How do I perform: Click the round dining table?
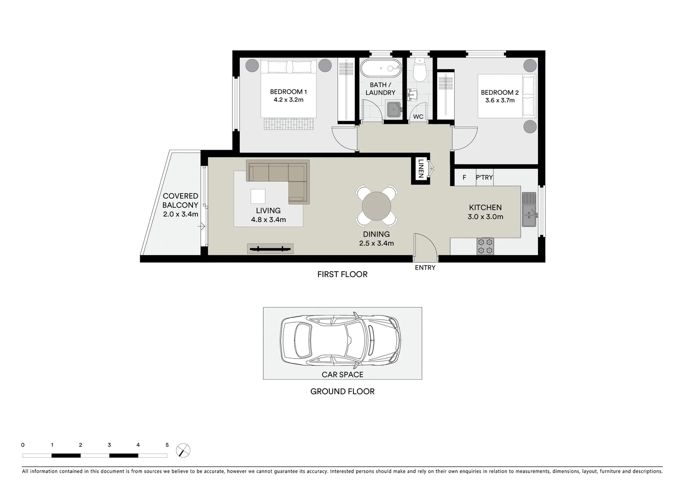(x=376, y=206)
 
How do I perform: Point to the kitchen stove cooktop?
(x=485, y=246)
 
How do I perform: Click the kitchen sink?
(x=529, y=209)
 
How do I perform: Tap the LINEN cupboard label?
(x=420, y=169)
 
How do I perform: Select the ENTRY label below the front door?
(x=425, y=268)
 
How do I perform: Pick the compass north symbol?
(x=183, y=450)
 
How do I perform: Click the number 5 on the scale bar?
(x=167, y=445)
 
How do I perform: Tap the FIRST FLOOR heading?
(x=342, y=274)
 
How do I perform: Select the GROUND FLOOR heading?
(x=342, y=391)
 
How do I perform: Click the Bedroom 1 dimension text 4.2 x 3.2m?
(x=289, y=100)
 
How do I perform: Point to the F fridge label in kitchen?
(x=464, y=177)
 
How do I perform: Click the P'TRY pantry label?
(x=484, y=177)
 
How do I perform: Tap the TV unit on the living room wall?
(x=270, y=249)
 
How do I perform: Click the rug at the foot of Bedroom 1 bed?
(x=289, y=124)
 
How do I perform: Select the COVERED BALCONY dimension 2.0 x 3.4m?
(x=181, y=214)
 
